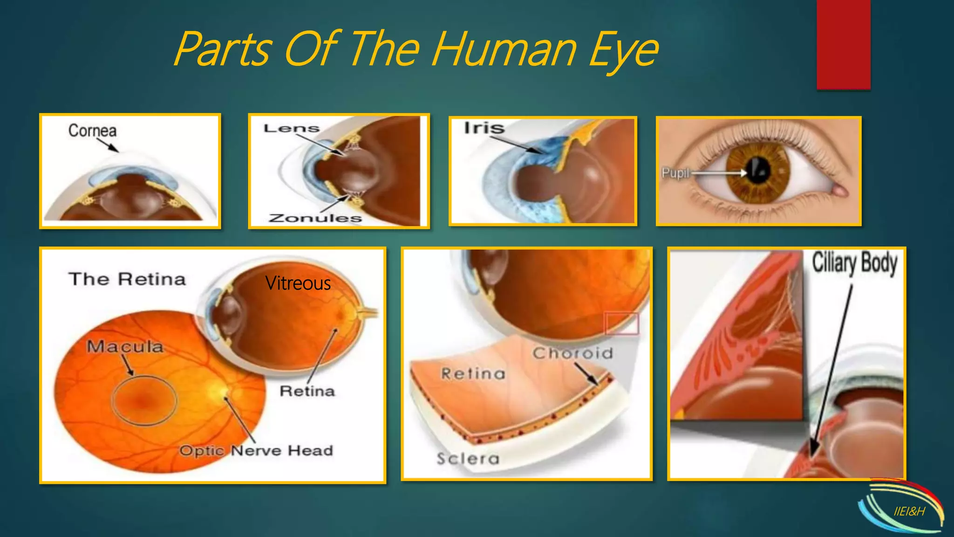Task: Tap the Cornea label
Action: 92,131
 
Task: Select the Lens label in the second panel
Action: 292,128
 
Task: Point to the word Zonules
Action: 315,218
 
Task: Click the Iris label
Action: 484,128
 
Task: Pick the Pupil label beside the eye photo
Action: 675,173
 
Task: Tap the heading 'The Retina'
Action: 127,279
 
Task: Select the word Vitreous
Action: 298,283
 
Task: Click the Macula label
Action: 125,347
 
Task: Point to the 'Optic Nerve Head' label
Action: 256,450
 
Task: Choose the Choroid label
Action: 572,353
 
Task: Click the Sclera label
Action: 468,459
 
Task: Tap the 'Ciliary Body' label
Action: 854,263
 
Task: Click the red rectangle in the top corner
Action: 843,44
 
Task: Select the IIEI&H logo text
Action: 909,511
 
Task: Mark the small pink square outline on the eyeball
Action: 621,323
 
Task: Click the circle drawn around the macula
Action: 144,400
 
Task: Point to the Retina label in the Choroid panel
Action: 473,373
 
